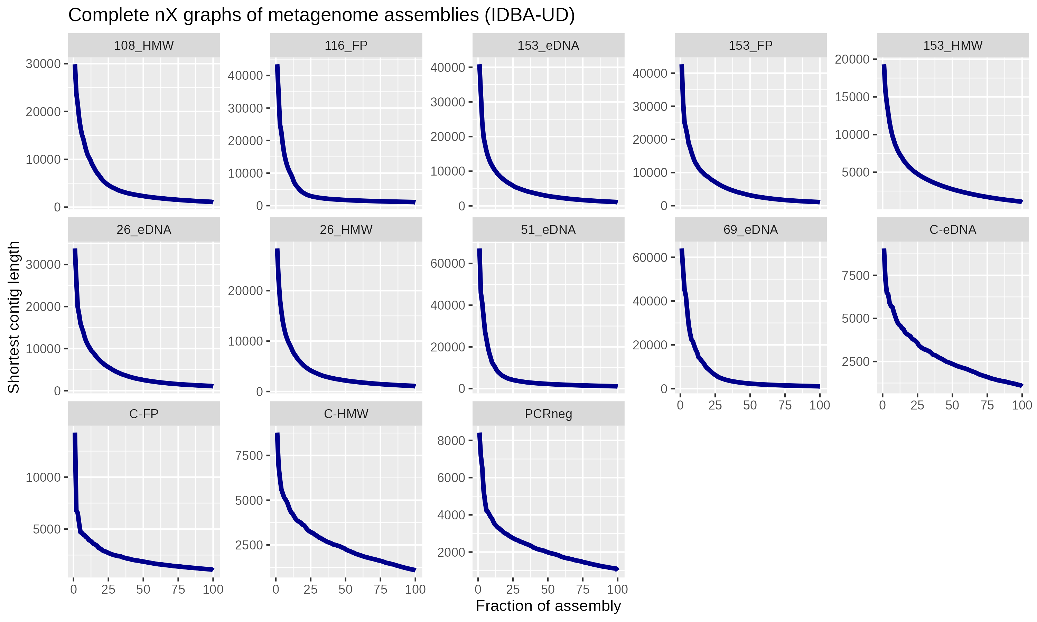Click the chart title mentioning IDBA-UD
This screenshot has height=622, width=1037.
pos(321,15)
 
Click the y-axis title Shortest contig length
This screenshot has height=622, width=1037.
pos(13,317)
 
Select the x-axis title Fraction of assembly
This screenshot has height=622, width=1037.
pos(548,606)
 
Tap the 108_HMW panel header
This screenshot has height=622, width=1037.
pos(144,45)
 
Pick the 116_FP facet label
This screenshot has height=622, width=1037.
pos(346,45)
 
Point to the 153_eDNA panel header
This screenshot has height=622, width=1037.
pos(548,45)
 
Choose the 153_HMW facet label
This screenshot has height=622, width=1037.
pos(952,45)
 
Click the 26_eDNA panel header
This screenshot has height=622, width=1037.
pos(144,230)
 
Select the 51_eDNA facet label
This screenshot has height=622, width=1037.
pos(548,230)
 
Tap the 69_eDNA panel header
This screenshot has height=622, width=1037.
pos(750,230)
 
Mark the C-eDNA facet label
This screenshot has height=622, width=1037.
pos(952,230)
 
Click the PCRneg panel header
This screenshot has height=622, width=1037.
pos(548,414)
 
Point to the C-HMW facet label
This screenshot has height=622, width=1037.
pos(346,414)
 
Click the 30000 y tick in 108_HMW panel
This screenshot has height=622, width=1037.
pos(43,64)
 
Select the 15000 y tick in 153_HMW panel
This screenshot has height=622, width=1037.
pos(852,97)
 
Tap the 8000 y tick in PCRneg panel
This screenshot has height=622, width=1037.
pos(451,441)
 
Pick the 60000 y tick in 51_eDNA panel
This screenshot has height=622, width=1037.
pos(448,264)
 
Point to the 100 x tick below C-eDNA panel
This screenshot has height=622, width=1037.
pos(1021,405)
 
